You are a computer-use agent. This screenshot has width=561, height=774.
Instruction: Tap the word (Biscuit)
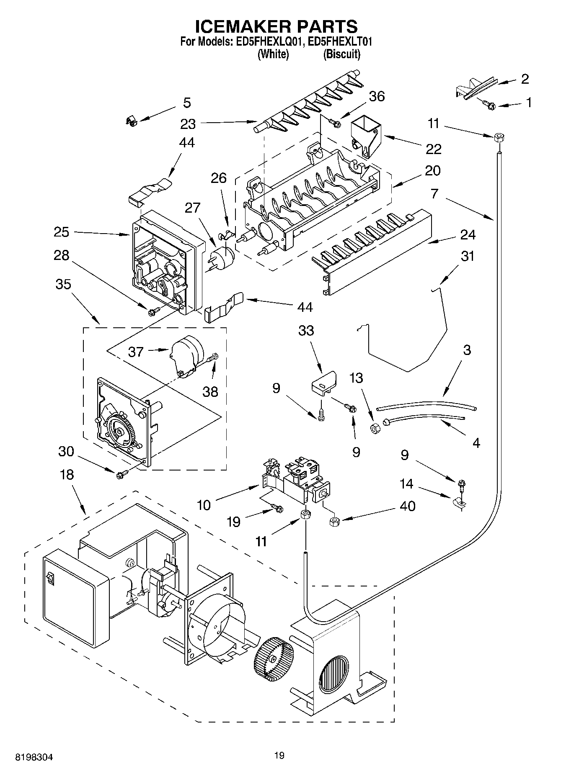(x=341, y=54)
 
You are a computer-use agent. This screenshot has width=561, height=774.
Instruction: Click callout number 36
(x=376, y=96)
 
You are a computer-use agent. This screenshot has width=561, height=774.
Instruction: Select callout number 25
(x=61, y=231)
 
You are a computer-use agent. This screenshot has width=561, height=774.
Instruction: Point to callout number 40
(x=408, y=506)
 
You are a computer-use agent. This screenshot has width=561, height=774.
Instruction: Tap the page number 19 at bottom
(x=279, y=755)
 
